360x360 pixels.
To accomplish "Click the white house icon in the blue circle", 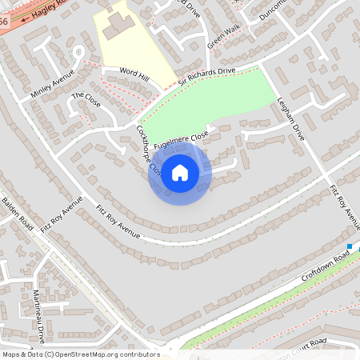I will [180, 173].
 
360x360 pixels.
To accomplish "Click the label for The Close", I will [86, 100].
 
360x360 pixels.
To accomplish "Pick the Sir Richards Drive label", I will [206, 77].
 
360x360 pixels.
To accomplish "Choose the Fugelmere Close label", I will [181, 138].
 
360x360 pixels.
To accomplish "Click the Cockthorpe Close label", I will [150, 151].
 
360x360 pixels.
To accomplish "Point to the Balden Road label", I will [16, 211].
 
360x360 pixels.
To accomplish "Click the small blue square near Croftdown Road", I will [350, 246].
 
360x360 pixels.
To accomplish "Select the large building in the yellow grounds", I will [117, 23].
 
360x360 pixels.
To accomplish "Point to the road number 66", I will [4, 22].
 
